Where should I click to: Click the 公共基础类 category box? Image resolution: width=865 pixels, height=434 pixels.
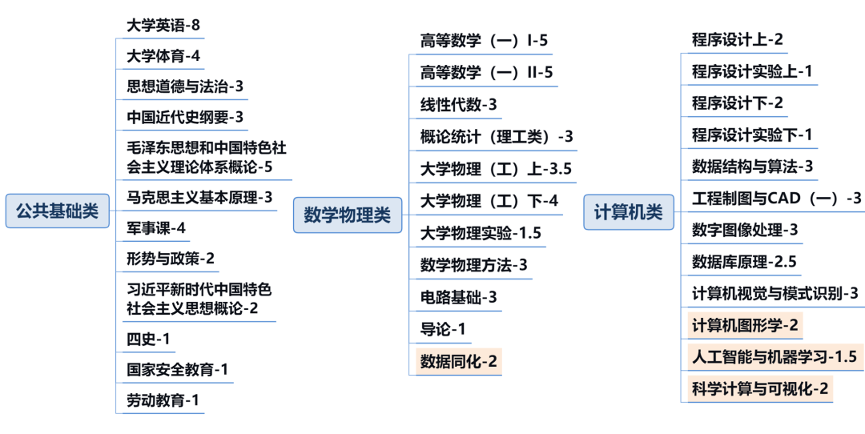tap(57, 211)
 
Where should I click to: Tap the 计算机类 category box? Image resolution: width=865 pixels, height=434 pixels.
tap(628, 212)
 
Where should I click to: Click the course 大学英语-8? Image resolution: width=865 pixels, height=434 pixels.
tap(163, 25)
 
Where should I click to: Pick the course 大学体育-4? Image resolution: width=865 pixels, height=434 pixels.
tap(163, 56)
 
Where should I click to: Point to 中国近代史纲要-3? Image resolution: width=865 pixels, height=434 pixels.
tap(185, 117)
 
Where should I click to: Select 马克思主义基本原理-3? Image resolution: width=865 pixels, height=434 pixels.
tap(199, 196)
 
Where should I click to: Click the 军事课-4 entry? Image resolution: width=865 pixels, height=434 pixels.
tap(156, 227)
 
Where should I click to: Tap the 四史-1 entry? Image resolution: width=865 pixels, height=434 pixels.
tap(148, 338)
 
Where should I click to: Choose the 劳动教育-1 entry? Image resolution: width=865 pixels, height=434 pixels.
tap(163, 400)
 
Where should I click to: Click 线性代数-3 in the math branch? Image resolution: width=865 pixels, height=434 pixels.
tap(459, 104)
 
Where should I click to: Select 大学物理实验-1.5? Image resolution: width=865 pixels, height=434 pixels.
tap(481, 233)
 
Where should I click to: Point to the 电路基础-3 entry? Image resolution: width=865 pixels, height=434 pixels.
tap(459, 297)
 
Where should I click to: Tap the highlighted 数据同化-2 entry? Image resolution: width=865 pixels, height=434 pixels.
tap(459, 361)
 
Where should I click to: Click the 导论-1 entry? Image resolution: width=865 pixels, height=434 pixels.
tap(443, 328)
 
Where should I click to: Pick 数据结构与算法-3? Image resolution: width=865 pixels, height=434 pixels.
tap(752, 167)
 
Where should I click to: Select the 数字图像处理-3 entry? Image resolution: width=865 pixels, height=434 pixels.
tap(745, 230)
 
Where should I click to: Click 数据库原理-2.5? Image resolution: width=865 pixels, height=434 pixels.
tap(744, 262)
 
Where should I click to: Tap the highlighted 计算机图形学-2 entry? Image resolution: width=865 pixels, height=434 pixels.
tap(745, 325)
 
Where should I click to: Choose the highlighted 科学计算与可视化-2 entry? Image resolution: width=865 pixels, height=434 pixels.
tap(760, 388)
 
